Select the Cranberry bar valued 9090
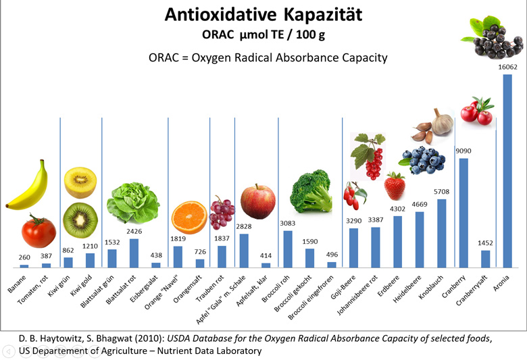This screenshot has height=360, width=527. (463, 213)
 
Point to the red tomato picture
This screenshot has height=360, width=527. (39, 231)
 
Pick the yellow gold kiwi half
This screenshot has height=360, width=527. (80, 182)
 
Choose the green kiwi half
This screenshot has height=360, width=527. (80, 220)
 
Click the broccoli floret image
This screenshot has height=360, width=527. (310, 192)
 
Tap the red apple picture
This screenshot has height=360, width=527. (257, 201)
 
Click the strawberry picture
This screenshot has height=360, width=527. (395, 186)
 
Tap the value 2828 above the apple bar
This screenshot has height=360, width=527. (244, 227)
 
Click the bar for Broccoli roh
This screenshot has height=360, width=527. (288, 249)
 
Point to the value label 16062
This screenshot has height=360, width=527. (507, 67)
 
